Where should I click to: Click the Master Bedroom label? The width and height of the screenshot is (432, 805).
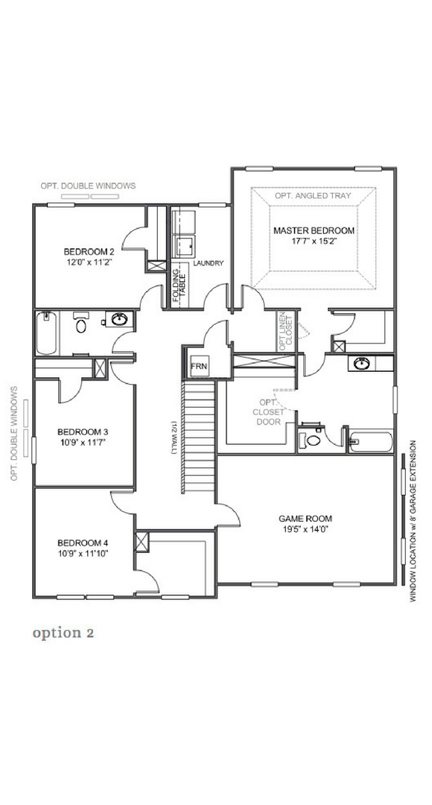pos(314,230)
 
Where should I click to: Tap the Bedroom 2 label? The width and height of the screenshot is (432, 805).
pos(89,252)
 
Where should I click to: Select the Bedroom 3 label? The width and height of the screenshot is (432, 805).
pos(82,432)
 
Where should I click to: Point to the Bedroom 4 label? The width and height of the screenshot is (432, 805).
pos(83,543)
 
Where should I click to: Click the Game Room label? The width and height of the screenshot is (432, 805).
pos(305,519)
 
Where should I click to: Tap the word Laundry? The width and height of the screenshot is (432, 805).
pos(209,263)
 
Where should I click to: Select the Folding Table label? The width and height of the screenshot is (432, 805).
pos(179,288)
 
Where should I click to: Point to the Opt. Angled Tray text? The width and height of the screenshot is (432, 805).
pos(313,195)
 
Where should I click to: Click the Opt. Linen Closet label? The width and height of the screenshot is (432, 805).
pos(286,331)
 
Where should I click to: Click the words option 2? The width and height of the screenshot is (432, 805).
pos(63,633)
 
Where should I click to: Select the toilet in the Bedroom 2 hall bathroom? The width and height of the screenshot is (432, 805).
pos(81,323)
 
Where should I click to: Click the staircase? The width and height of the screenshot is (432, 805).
pos(199,436)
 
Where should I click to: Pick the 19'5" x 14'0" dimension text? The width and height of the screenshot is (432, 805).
pos(305,528)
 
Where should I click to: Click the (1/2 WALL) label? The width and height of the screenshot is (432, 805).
pos(174,438)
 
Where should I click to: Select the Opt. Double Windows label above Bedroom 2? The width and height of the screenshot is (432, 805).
pos(88,186)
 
